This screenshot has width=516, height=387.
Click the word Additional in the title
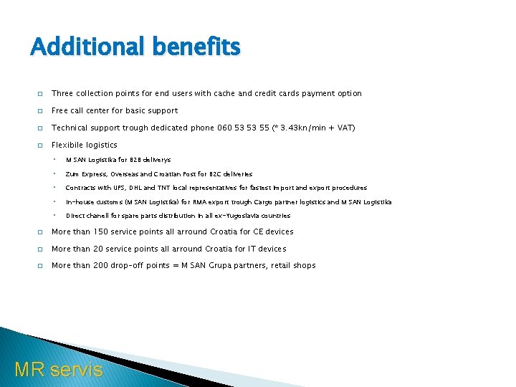(x=77, y=47)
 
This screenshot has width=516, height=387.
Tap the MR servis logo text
(x=59, y=369)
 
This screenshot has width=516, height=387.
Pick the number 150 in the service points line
(x=100, y=231)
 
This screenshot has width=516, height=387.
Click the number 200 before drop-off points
(x=100, y=265)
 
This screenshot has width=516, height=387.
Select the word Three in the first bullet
(x=62, y=93)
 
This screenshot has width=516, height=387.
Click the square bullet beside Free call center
(x=39, y=110)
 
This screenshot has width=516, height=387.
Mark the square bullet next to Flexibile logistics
(x=39, y=145)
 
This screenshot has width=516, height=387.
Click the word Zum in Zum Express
(x=72, y=174)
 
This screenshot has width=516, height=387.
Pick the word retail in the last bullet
(x=282, y=265)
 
